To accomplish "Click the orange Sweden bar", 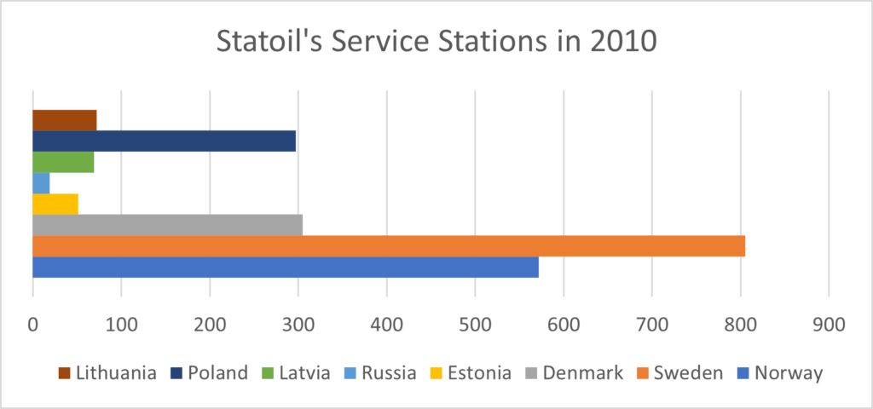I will click(x=388, y=246).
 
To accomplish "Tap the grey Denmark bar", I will click(x=167, y=225).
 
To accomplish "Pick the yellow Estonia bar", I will click(x=55, y=204).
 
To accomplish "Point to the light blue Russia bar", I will click(x=41, y=183).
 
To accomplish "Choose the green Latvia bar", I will click(x=63, y=162).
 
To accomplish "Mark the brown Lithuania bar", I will click(x=64, y=120).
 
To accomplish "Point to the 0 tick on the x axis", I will click(x=32, y=325).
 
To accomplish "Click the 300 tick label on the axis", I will click(x=298, y=325).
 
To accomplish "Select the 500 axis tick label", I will click(x=475, y=325).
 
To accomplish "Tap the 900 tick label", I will click(x=829, y=325).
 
